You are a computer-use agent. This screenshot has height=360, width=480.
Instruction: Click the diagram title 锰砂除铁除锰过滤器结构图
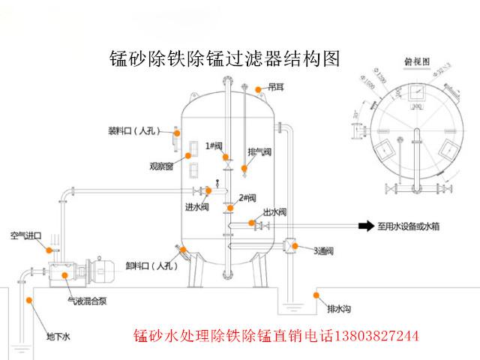(x=224, y=58)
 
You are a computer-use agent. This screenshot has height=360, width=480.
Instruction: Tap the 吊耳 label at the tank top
(x=275, y=88)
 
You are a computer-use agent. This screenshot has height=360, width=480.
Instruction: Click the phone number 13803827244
(x=369, y=335)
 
